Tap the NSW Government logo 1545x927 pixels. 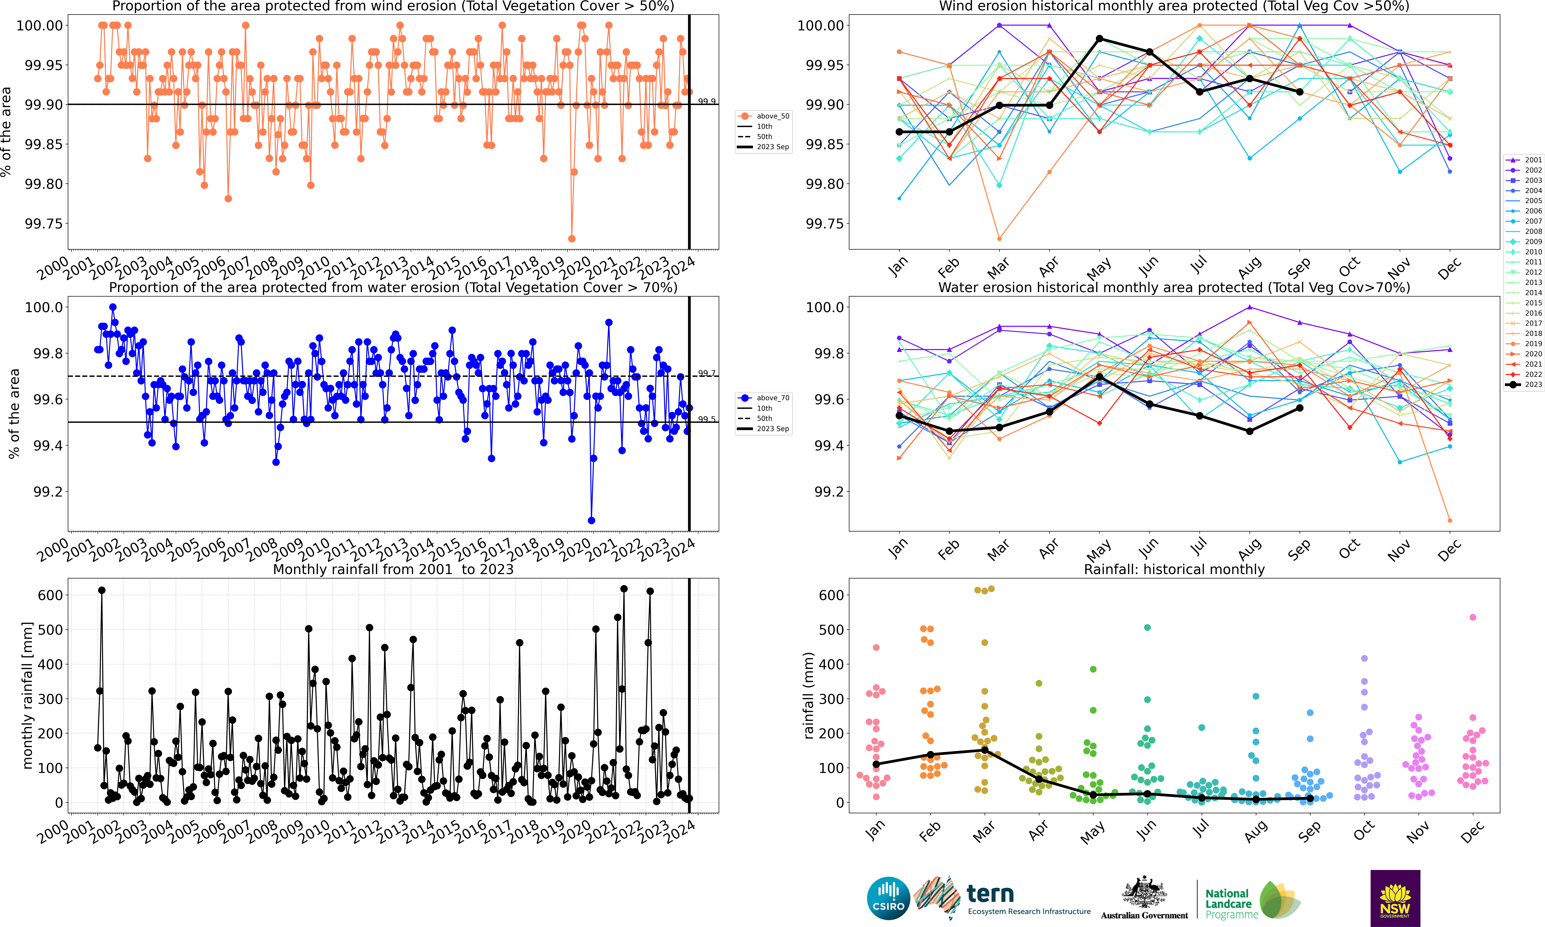click(x=1395, y=898)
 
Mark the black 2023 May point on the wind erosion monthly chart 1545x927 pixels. click(x=1100, y=39)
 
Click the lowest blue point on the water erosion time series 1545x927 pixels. click(x=592, y=520)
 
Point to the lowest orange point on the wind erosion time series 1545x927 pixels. click(x=572, y=239)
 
